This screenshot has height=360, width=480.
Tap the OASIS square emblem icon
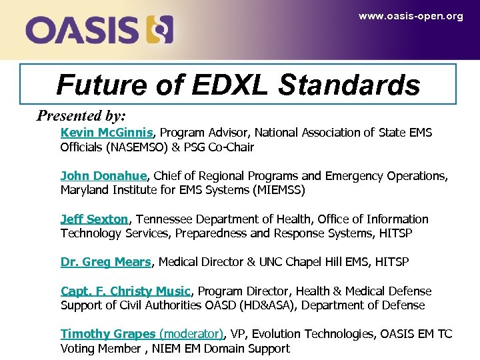(x=160, y=30)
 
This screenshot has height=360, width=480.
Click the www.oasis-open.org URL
(x=410, y=16)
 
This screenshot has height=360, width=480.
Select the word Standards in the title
(x=349, y=85)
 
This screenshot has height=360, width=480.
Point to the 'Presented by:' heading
(x=81, y=115)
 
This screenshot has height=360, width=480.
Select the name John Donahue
(x=103, y=176)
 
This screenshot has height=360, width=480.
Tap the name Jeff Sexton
(x=94, y=219)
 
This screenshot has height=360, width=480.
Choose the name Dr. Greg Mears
(x=106, y=262)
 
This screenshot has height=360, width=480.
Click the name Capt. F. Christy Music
(x=125, y=291)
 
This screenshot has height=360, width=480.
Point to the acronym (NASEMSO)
(x=132, y=147)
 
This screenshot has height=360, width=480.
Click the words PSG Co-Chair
(x=223, y=147)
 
